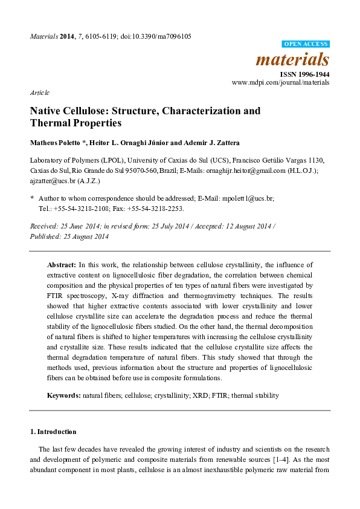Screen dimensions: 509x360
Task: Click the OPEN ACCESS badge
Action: click(x=306, y=44)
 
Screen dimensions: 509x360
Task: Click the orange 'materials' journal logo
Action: click(x=293, y=59)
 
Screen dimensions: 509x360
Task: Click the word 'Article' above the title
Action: click(x=39, y=92)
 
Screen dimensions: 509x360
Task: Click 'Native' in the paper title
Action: click(x=47, y=111)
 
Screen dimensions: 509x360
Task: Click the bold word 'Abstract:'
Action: click(x=62, y=265)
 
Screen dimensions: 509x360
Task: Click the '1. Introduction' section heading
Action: click(x=53, y=432)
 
